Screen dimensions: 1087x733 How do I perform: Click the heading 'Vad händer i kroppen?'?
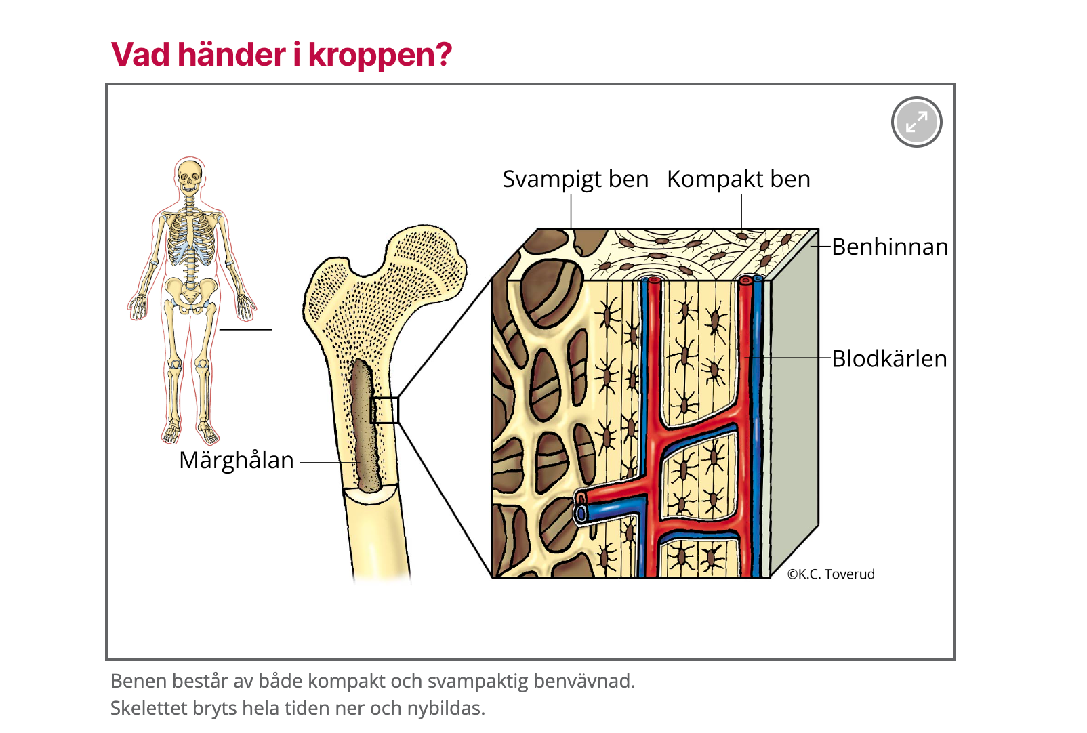point(281,55)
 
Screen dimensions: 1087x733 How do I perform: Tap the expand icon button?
point(916,122)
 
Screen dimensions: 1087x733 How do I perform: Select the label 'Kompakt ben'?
point(738,179)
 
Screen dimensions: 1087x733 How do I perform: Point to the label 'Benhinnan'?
point(890,247)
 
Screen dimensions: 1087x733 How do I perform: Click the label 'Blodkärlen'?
point(889,359)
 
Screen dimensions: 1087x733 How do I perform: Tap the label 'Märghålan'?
point(237,461)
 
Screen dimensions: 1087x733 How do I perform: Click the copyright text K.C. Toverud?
point(831,574)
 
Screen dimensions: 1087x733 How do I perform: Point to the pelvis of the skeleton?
point(190,293)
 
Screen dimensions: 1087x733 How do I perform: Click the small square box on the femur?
point(385,411)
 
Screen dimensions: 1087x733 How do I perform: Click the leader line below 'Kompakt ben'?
point(741,212)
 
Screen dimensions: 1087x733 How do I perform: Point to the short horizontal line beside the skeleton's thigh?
point(246,329)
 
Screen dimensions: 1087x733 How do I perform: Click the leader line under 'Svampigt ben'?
point(571,212)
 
